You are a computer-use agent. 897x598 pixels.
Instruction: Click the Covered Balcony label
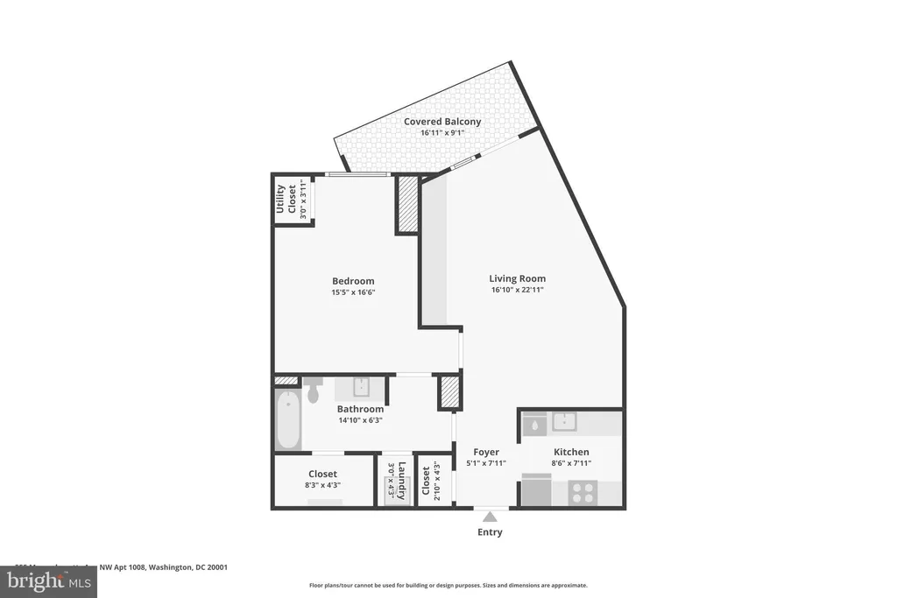[x=441, y=122]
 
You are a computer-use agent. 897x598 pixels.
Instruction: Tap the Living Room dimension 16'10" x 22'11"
[x=517, y=290]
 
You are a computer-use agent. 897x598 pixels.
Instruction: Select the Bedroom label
[x=353, y=281]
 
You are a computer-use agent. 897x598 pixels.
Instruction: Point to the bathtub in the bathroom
[x=288, y=421]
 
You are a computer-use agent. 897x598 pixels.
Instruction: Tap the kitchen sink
[x=563, y=422]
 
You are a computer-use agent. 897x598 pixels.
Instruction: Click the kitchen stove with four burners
[x=582, y=492]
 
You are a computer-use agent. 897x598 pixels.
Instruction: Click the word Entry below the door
[x=491, y=532]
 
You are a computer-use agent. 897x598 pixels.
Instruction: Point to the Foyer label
[x=486, y=452]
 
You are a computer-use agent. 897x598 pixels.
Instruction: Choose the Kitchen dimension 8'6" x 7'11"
[x=571, y=463]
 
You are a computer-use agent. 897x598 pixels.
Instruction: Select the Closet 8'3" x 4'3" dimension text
[x=322, y=485]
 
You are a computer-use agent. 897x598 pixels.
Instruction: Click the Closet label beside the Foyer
[x=426, y=481]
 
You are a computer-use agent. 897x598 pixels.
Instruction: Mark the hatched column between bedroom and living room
[x=407, y=204]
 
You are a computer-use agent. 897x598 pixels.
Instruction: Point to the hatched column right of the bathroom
[x=449, y=392]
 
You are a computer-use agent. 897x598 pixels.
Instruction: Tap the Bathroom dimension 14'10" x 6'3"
[x=360, y=420]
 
